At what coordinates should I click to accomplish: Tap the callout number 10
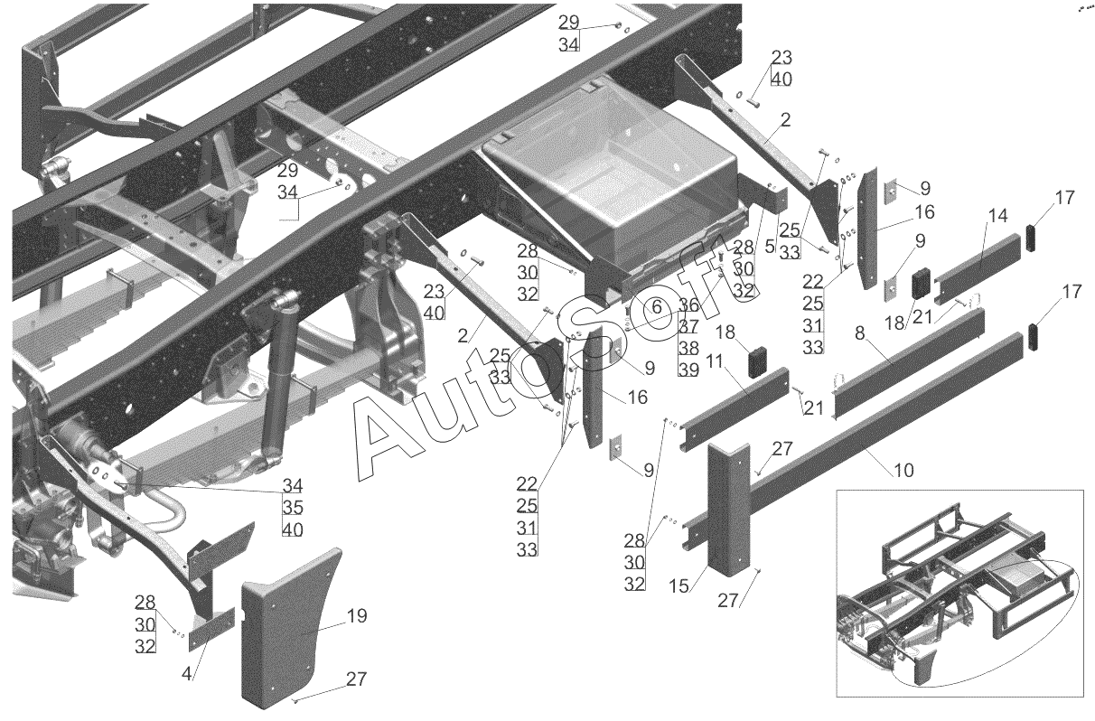[x=903, y=470]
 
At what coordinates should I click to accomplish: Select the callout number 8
[x=860, y=333]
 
